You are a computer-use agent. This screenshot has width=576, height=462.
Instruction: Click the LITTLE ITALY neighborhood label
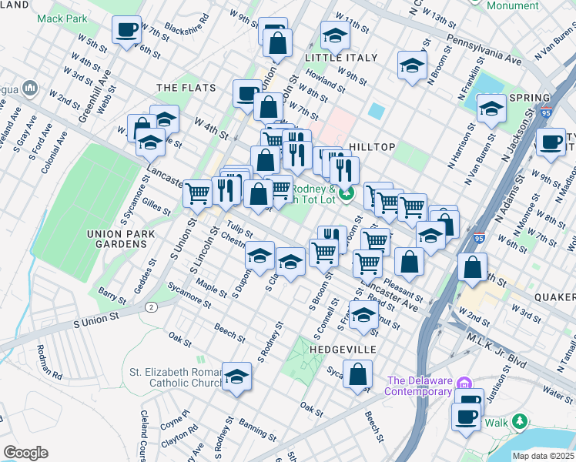point(341,58)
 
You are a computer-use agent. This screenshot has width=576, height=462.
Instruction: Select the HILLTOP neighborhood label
point(372,147)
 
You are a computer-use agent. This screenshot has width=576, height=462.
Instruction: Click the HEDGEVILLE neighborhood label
point(343,350)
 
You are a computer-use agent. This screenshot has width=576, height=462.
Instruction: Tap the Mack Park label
point(62,18)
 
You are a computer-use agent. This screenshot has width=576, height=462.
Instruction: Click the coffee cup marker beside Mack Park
point(126,31)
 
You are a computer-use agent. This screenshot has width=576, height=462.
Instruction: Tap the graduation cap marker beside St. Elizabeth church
point(237,377)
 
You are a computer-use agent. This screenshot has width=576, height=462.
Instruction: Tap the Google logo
point(25,453)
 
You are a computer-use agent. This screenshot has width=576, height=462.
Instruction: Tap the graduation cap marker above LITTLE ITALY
point(335,36)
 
